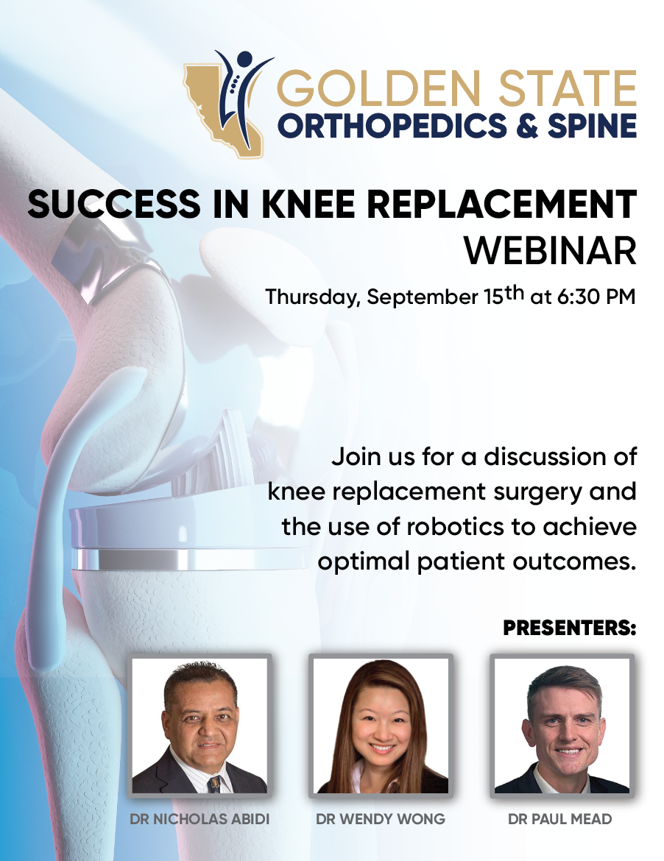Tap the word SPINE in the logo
[592, 126]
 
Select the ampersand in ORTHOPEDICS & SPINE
[526, 126]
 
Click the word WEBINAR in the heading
[551, 252]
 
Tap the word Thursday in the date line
[313, 297]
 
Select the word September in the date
[423, 298]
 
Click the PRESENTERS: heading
[570, 628]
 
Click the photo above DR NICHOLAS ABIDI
[200, 726]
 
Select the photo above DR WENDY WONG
[381, 726]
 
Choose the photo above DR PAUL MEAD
[562, 726]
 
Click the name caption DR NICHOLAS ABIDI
[200, 819]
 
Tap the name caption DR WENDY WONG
[381, 819]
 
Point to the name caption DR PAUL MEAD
[559, 819]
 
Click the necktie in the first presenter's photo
[215, 784]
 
